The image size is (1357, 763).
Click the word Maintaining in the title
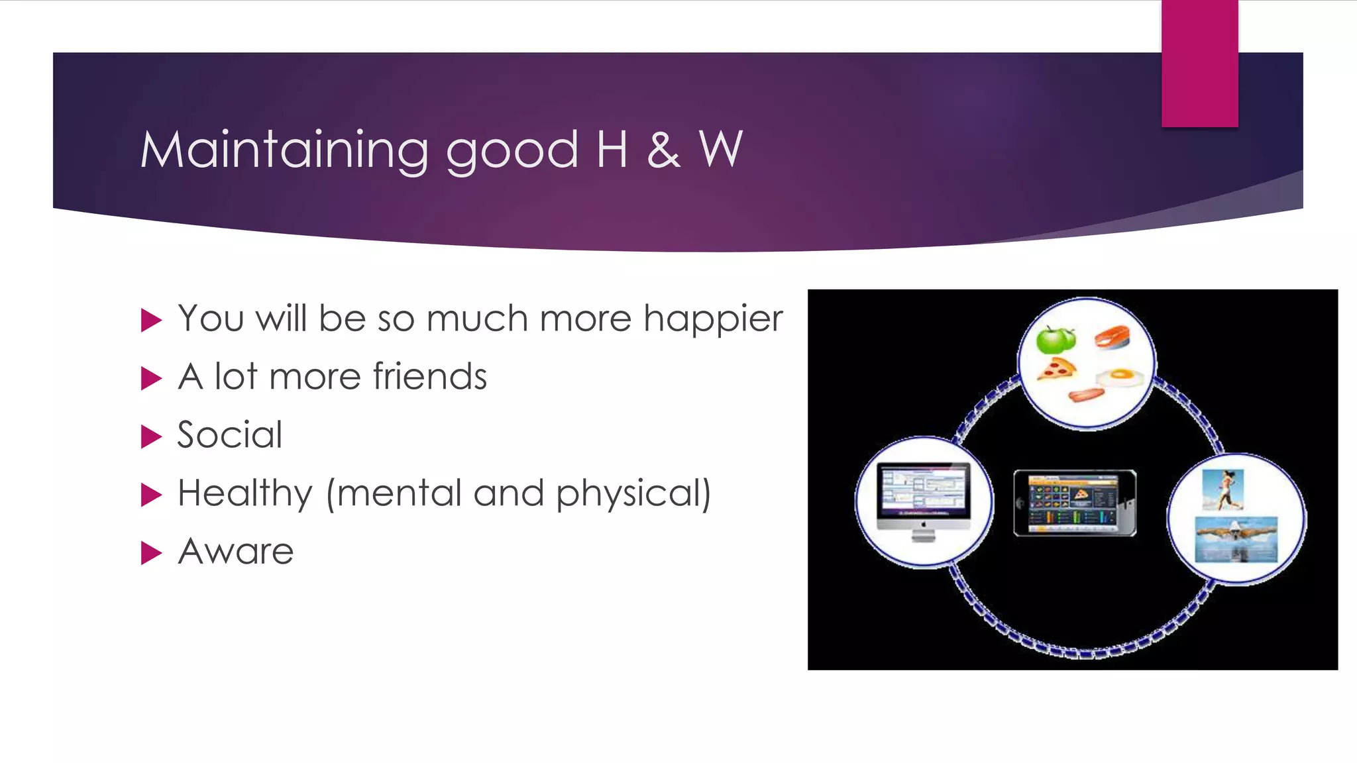coord(285,150)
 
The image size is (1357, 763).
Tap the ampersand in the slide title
coord(663,150)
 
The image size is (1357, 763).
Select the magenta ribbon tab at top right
coord(1199,64)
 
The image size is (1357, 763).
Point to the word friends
coord(429,377)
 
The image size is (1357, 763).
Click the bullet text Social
coord(230,435)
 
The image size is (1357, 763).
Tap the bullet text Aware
coord(236,552)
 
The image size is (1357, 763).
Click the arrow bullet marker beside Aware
coord(152,553)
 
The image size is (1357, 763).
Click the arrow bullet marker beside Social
coord(152,436)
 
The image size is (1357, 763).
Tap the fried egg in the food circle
coord(1119,378)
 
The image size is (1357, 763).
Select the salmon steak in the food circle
coord(1112,336)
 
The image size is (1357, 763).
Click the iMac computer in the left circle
coord(923,500)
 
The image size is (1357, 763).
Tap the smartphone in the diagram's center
coord(1075,503)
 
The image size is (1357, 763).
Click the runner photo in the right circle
coord(1223,489)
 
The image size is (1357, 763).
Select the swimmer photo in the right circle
coord(1236,539)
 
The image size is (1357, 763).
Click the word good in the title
coord(512,152)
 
